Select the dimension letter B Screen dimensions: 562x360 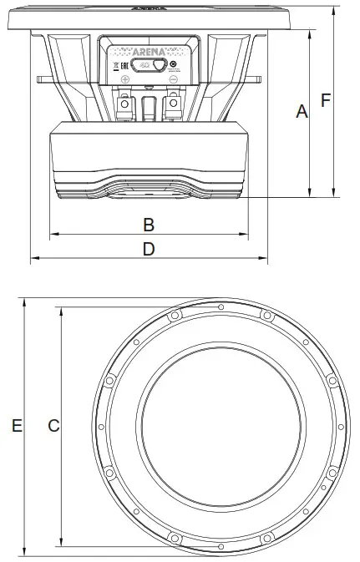[149, 225]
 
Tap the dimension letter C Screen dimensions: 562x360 [53, 426]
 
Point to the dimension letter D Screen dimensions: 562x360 [149, 249]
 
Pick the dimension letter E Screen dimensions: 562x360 [16, 426]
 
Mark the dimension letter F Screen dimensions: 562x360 [327, 100]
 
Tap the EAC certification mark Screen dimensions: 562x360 [125, 64]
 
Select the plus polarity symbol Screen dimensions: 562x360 [124, 79]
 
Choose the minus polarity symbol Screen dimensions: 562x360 [173, 79]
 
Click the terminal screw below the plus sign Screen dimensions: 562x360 [124, 104]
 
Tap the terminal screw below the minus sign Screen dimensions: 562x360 [173, 104]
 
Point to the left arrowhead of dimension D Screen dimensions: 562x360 [33, 258]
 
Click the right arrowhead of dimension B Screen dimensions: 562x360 [246, 234]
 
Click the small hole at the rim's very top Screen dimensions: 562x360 [221, 307]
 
